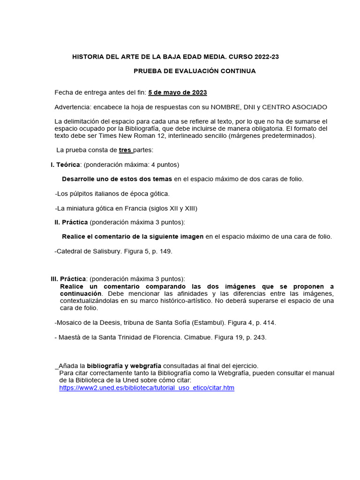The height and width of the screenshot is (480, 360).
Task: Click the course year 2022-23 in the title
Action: tap(267, 57)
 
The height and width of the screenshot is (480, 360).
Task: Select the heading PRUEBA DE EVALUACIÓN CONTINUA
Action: tap(195, 71)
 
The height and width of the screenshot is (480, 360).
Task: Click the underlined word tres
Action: tap(125, 150)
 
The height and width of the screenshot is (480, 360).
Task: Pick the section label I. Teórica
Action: tap(66, 165)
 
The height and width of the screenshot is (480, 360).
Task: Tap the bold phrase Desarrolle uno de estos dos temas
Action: tap(117, 179)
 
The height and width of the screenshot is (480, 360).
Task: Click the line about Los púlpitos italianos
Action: tap(112, 194)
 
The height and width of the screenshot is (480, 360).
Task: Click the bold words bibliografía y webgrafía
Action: tap(124, 366)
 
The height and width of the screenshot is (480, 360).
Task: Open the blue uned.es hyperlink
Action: tap(147, 388)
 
